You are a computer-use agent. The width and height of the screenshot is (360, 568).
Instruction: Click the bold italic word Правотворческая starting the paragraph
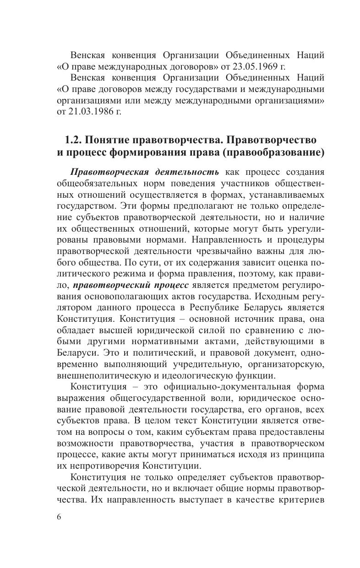coord(108,172)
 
